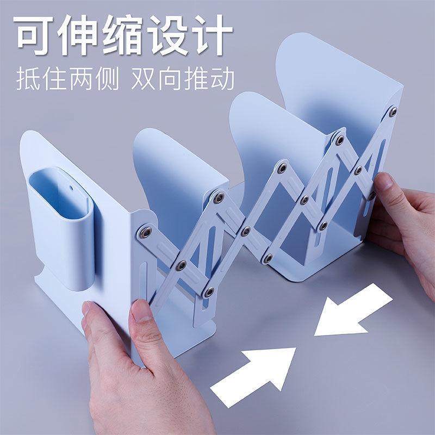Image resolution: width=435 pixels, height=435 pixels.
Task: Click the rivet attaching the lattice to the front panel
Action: coord(146,233)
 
